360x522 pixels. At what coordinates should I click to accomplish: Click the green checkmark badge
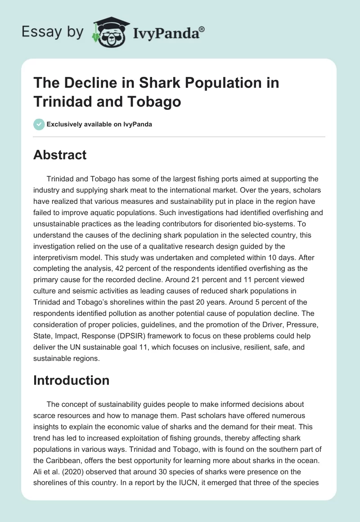(39, 124)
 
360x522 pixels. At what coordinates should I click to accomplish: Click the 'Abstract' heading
(60, 155)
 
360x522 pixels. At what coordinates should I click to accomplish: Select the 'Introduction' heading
(71, 380)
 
